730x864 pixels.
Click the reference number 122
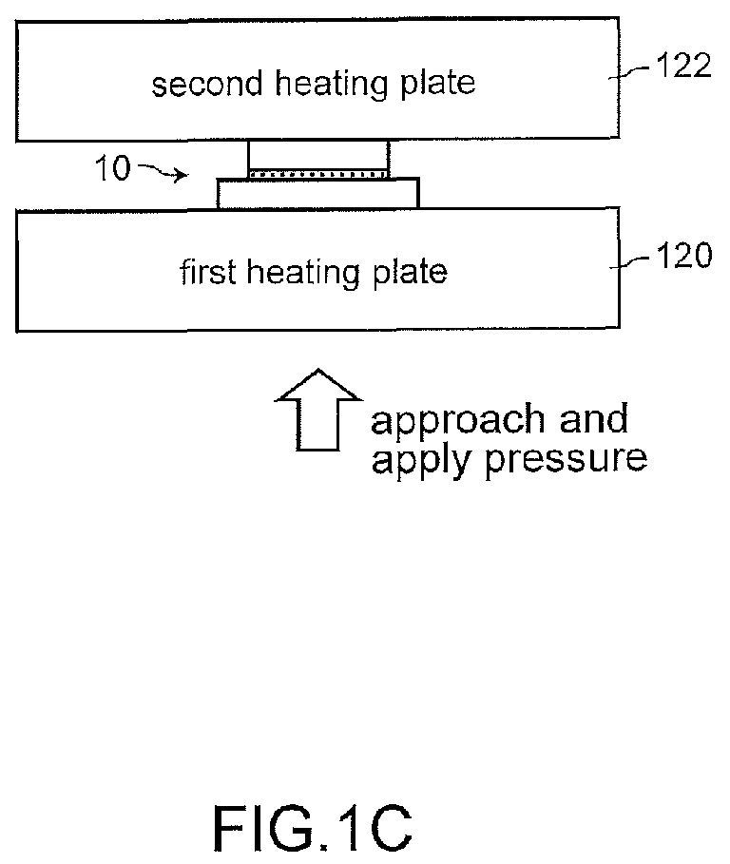coord(683,66)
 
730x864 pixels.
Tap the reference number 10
coord(113,167)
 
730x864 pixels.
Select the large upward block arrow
coord(317,410)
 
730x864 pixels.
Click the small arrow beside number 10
coord(163,171)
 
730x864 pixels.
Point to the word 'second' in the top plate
coord(207,85)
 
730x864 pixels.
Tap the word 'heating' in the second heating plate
coord(331,85)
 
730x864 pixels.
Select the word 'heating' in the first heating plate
coord(302,273)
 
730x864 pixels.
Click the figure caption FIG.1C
coord(313,828)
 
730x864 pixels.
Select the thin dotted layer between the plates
coord(318,174)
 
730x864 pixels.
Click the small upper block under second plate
coord(318,156)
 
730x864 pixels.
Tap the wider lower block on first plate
coord(317,193)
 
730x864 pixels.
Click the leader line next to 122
coord(631,72)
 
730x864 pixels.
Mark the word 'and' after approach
coord(594,418)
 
